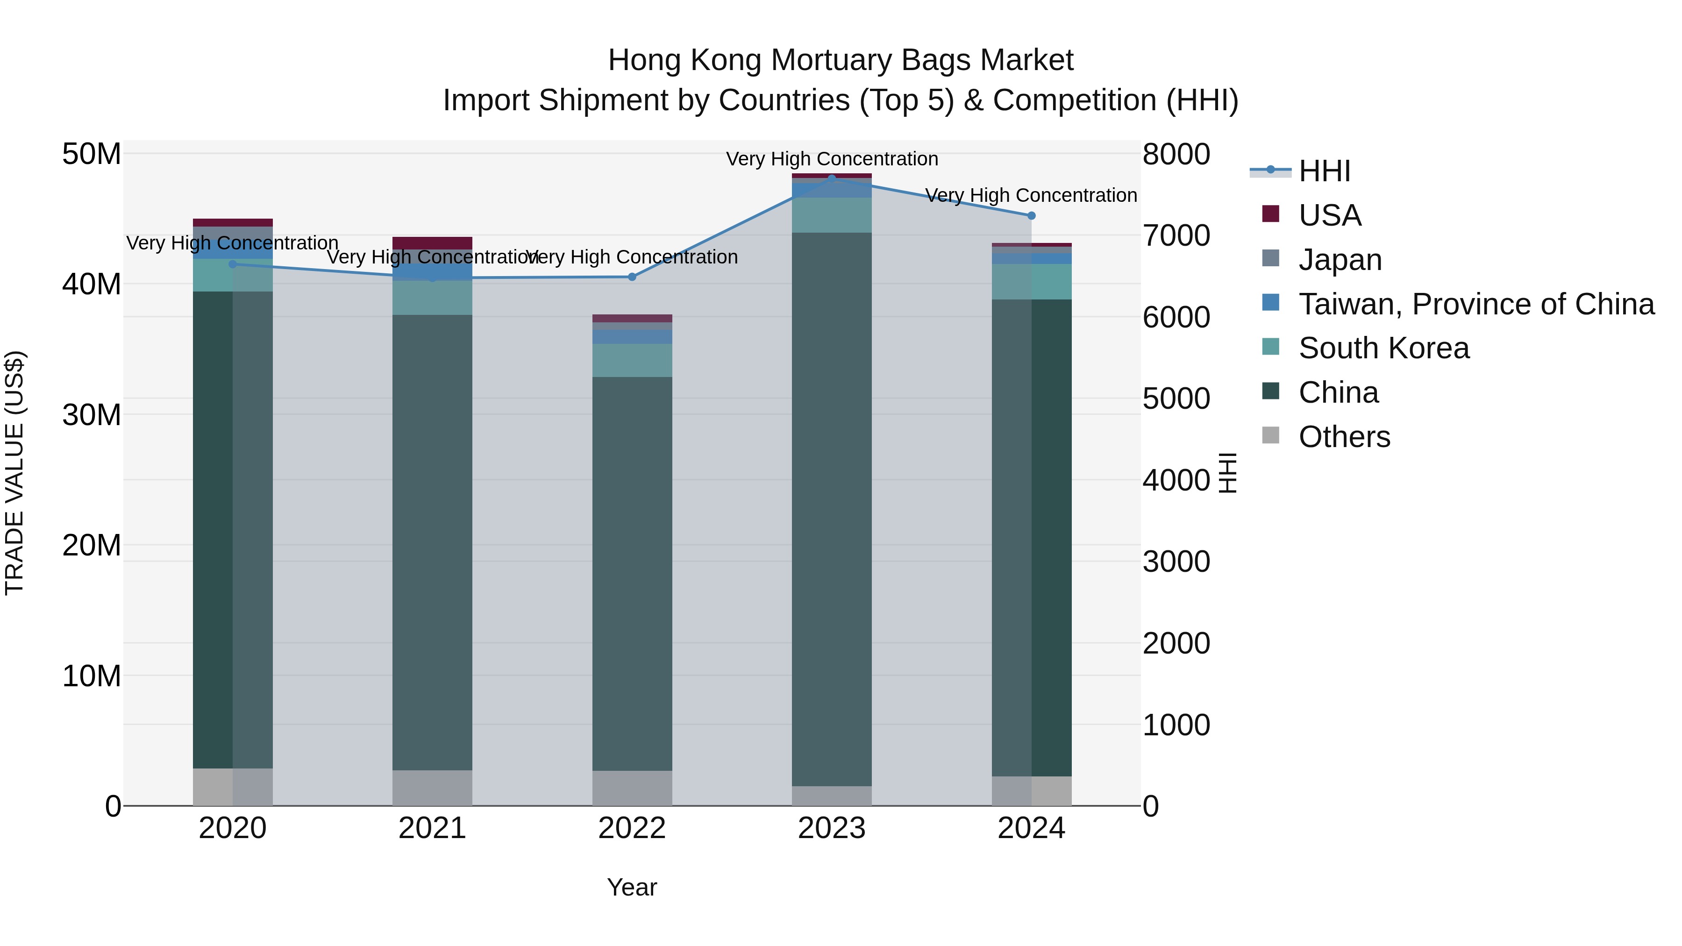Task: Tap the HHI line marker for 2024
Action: pyautogui.click(x=1031, y=215)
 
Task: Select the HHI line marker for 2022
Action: pyautogui.click(x=631, y=277)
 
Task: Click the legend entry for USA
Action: pyautogui.click(x=1329, y=215)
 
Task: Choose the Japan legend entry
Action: pyautogui.click(x=1340, y=260)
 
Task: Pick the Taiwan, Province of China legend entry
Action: pyautogui.click(x=1475, y=304)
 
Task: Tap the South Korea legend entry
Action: pyautogui.click(x=1383, y=348)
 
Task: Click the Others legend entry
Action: pyautogui.click(x=1344, y=437)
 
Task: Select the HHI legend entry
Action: pyautogui.click(x=1324, y=171)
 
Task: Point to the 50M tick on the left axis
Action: pyautogui.click(x=92, y=155)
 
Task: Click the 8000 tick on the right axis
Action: pyautogui.click(x=1176, y=155)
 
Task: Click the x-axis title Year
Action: pyautogui.click(x=631, y=887)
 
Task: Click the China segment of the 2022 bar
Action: pyautogui.click(x=631, y=575)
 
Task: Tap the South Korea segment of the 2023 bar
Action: pyautogui.click(x=831, y=215)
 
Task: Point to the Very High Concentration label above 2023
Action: pyautogui.click(x=831, y=159)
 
